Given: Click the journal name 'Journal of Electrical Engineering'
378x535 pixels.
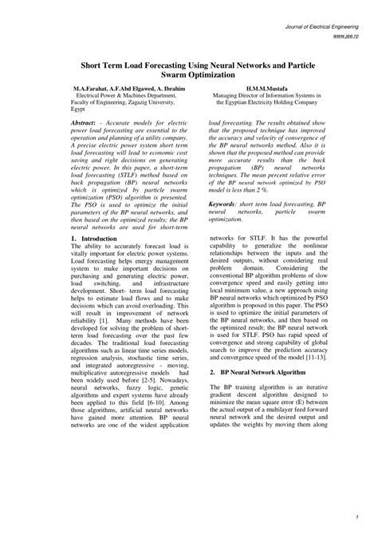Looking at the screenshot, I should [322, 27].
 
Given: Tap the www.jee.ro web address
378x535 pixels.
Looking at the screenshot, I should [345, 37].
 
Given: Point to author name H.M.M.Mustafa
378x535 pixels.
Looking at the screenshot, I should [273, 87].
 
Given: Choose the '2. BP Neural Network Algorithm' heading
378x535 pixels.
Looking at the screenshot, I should [258, 372].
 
